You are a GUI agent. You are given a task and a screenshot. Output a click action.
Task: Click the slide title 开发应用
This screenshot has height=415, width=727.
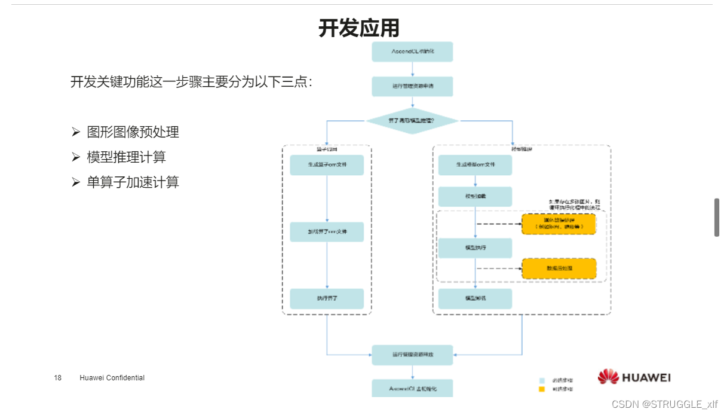click(x=358, y=28)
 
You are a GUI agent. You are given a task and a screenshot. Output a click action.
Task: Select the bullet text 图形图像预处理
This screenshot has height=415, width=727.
click(x=133, y=132)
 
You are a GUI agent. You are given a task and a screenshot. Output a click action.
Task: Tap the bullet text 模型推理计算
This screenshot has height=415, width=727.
click(x=126, y=157)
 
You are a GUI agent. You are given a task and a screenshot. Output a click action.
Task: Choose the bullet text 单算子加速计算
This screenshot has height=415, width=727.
click(x=133, y=182)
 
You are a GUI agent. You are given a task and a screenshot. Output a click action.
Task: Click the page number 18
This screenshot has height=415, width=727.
click(x=58, y=378)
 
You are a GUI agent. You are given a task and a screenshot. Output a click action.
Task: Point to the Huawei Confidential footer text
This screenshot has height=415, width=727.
click(x=112, y=378)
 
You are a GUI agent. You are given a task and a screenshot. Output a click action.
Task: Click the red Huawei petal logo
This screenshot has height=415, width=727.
click(x=608, y=377)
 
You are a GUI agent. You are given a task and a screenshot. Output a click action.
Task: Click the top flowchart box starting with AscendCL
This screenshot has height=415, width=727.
click(x=412, y=52)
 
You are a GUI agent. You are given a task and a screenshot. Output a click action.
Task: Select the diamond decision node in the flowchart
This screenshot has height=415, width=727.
click(x=412, y=121)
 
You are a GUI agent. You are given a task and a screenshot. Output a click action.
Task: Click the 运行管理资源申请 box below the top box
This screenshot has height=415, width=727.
click(x=412, y=87)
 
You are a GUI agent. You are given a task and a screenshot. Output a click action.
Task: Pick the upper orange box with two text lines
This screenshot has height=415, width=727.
click(x=559, y=224)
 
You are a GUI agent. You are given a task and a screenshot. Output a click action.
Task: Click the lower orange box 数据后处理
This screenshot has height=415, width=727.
click(x=559, y=268)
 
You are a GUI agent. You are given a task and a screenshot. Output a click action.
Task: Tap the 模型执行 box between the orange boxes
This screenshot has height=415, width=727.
click(x=476, y=248)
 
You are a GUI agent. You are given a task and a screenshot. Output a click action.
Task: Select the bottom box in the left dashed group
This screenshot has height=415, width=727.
click(x=327, y=298)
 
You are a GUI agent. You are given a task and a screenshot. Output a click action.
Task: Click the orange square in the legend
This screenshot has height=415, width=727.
click(x=542, y=389)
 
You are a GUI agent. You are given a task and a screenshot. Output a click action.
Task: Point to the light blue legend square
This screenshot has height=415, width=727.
click(x=542, y=380)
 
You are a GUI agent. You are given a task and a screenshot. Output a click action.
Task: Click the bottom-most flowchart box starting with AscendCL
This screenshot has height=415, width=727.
click(x=412, y=388)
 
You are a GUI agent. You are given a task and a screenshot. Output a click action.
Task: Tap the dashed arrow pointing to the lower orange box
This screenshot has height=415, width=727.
click(x=499, y=268)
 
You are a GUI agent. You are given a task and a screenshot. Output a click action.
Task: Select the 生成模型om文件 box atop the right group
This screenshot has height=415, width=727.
click(x=476, y=165)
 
